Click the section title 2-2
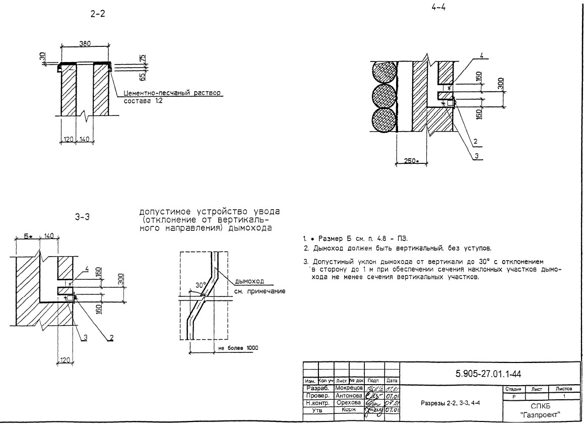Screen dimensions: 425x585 click(94, 16)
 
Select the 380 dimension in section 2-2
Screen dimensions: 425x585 click(85, 43)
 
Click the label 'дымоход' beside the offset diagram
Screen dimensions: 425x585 click(250, 283)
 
